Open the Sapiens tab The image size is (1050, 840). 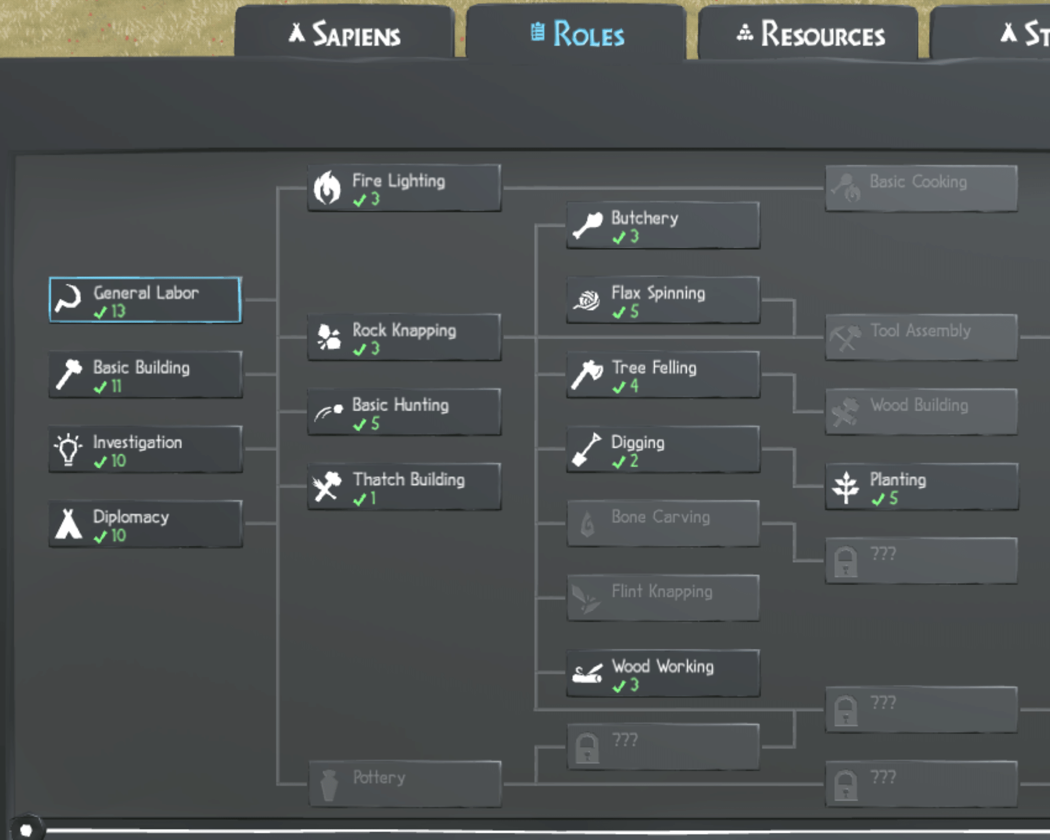344,33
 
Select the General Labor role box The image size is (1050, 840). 145,300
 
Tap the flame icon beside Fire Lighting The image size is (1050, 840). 327,187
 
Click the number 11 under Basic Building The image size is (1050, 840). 117,386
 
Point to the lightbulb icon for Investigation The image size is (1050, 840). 68,449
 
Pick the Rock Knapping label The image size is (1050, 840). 404,330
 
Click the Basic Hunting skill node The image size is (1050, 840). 404,412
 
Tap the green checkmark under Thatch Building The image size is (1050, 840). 360,499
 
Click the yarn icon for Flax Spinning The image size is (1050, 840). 586,300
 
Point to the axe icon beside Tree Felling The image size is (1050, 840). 587,374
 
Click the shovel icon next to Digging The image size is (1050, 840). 586,449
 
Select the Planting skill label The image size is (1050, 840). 898,479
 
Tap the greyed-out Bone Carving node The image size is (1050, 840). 663,523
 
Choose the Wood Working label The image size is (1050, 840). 663,666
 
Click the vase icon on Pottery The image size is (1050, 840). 329,785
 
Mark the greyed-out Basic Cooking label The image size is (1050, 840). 918,182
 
